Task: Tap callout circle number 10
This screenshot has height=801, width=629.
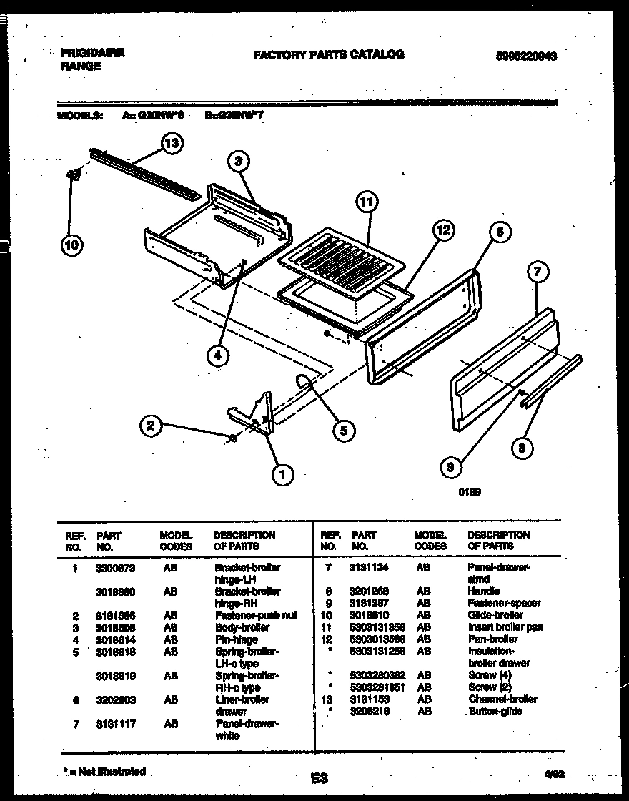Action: pyautogui.click(x=71, y=245)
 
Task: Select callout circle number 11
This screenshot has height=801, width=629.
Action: pyautogui.click(x=365, y=202)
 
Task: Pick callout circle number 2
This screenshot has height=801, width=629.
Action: pyautogui.click(x=149, y=426)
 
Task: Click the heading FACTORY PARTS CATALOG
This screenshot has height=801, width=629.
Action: pyautogui.click(x=328, y=54)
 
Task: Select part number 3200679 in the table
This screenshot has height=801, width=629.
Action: pyautogui.click(x=115, y=567)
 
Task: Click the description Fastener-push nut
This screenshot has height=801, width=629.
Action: pyautogui.click(x=256, y=615)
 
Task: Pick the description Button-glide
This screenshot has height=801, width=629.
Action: pyautogui.click(x=495, y=712)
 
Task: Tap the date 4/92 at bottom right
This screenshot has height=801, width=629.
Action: pyautogui.click(x=563, y=773)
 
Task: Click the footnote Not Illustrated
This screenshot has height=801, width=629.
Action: pyautogui.click(x=104, y=772)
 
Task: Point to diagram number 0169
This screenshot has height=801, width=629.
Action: pyautogui.click(x=470, y=491)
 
